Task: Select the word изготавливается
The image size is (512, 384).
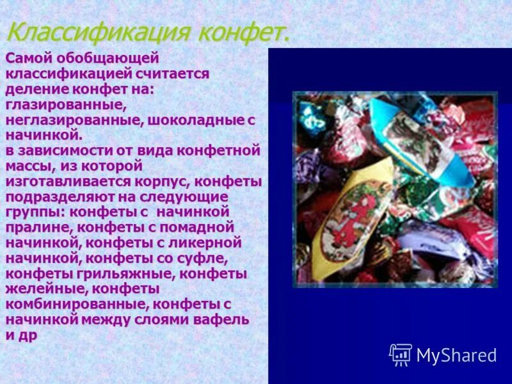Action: [67, 181]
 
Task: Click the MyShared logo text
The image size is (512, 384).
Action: [456, 356]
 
